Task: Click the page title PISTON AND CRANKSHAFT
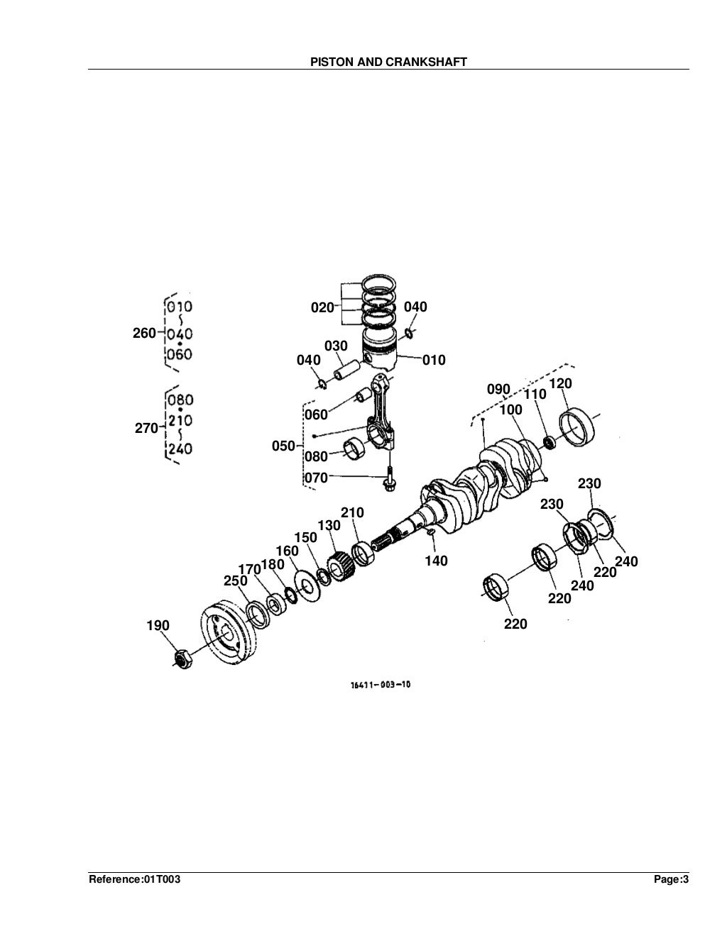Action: point(388,62)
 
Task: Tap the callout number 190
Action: point(158,625)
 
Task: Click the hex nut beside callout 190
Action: point(182,659)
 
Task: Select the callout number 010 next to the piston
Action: point(434,361)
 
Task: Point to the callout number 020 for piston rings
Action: point(322,308)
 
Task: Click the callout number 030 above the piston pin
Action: point(336,346)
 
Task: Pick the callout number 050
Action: point(283,446)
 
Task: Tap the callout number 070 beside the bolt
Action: point(317,478)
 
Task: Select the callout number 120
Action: point(561,384)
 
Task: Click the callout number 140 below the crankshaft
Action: point(436,561)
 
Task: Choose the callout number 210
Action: point(352,513)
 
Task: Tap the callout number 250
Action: point(235,581)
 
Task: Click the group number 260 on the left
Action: point(144,333)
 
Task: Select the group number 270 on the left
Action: point(146,428)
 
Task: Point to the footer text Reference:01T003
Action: point(135,880)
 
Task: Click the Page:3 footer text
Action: point(671,880)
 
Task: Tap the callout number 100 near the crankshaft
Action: point(510,410)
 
